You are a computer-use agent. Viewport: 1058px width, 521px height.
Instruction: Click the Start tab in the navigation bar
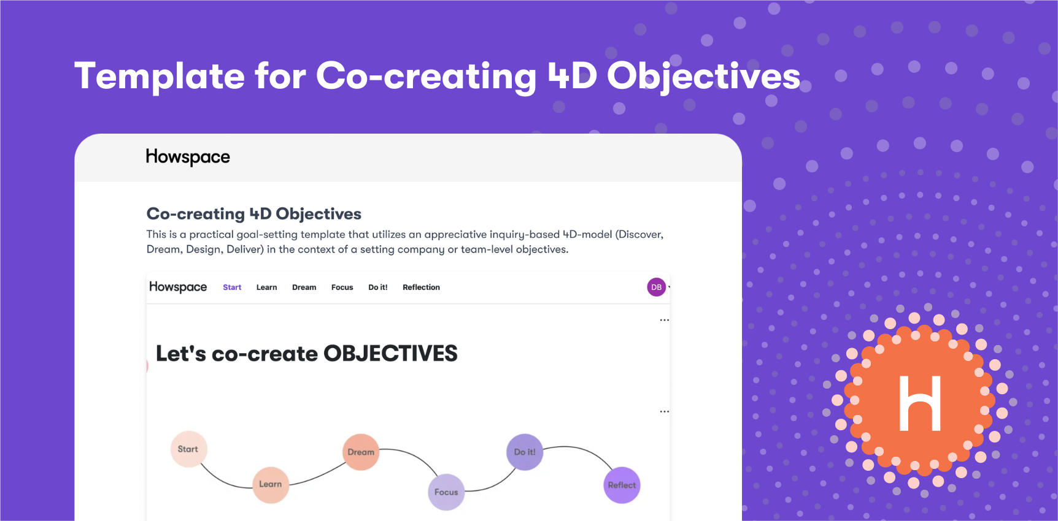[x=232, y=287]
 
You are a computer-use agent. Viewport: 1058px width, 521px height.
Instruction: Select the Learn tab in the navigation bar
[x=266, y=287]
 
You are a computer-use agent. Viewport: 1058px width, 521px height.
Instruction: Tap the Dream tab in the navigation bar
[x=304, y=287]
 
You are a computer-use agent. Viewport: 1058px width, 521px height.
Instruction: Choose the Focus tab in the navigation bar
[x=342, y=287]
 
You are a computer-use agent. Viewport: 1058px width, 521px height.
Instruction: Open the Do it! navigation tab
[x=377, y=287]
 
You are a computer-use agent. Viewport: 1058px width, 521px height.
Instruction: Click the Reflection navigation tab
[x=421, y=287]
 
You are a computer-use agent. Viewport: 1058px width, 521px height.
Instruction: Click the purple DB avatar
[x=657, y=287]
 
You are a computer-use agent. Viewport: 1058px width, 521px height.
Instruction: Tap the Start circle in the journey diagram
[x=188, y=449]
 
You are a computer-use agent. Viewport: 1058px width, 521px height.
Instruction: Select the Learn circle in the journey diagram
[x=271, y=484]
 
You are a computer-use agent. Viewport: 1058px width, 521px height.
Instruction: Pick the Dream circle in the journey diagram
[x=361, y=452]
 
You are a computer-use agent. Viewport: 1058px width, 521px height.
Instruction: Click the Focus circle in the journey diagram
[x=446, y=492]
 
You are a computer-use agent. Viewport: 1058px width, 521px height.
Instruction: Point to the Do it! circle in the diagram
[x=525, y=452]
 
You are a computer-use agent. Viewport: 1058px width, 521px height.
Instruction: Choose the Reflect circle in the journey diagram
[x=622, y=485]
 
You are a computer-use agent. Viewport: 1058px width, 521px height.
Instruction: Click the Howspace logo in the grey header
[x=188, y=158]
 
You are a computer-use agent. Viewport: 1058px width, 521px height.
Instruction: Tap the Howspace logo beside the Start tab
[x=178, y=287]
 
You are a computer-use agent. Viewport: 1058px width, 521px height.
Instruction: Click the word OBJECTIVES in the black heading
[x=390, y=354]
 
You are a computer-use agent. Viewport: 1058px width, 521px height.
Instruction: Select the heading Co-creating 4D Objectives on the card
[x=253, y=214]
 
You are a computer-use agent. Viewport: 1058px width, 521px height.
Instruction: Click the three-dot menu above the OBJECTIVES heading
[x=665, y=320]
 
